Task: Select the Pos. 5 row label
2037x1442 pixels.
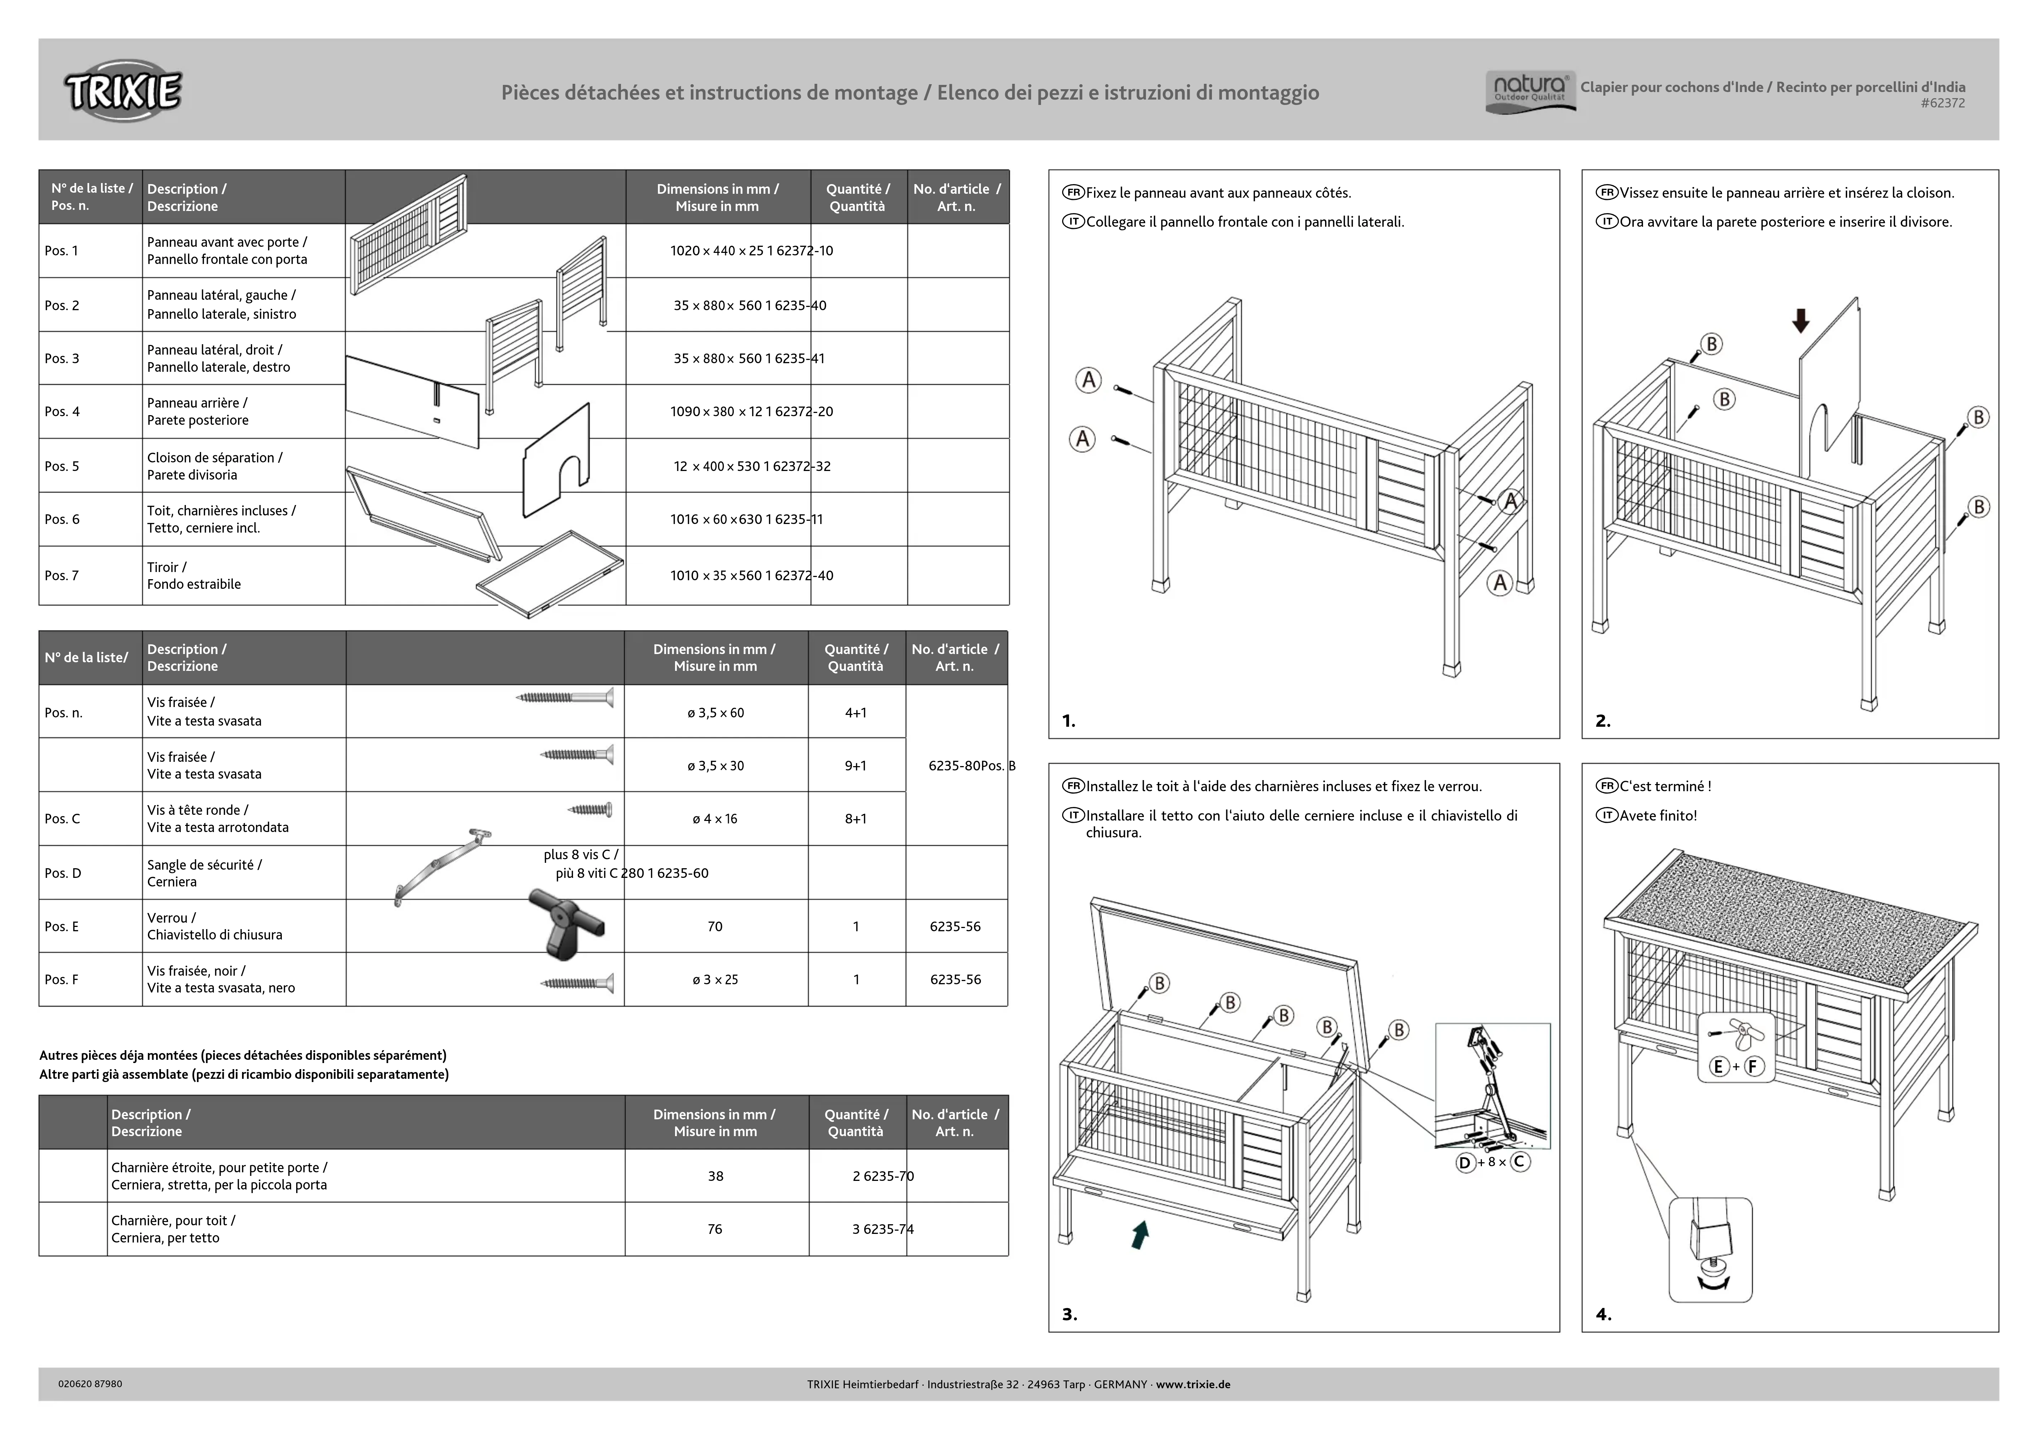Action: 62,466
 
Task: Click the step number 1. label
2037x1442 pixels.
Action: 1069,721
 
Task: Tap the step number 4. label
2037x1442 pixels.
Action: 1603,1314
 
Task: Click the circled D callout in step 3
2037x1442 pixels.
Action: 1465,1162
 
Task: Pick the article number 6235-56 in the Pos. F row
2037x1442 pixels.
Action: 955,979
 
